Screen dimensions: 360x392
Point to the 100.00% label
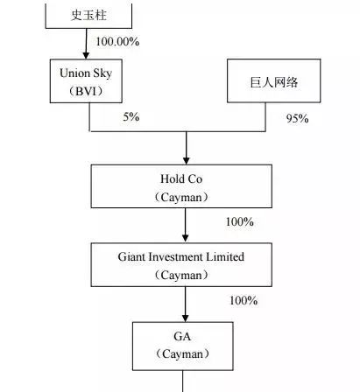coord(117,41)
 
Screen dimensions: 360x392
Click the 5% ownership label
coord(131,116)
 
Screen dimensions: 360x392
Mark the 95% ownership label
coord(297,118)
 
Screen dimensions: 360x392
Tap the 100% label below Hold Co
coord(239,222)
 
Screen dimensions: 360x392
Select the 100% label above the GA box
coord(244,300)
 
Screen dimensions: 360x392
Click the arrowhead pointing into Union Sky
coord(86,55)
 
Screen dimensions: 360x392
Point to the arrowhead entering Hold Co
coord(187,161)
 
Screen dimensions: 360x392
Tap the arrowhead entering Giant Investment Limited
coord(185,238)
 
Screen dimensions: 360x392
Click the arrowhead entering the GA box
coord(185,318)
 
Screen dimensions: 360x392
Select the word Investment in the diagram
coord(176,257)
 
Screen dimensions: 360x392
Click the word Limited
coord(225,257)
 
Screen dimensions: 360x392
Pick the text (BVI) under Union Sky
coord(86,91)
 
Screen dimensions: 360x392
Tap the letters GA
coord(182,337)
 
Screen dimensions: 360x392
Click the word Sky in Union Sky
coord(102,73)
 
